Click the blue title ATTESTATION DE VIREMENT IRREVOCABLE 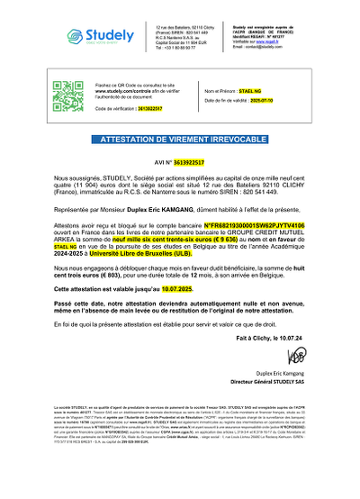pos(179,141)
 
